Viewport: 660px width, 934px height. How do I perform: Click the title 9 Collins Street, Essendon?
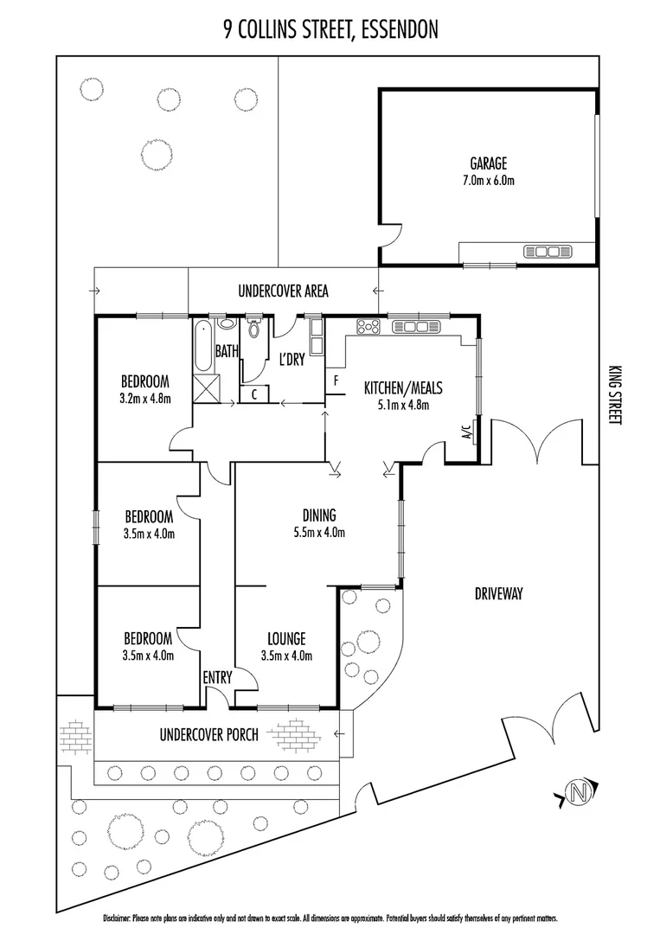click(330, 31)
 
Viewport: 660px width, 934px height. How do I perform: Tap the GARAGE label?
click(488, 163)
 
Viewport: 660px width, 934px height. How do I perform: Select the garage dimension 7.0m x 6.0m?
click(488, 181)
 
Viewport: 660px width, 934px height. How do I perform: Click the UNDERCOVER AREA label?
click(283, 291)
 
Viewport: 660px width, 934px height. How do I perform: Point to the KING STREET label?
click(616, 393)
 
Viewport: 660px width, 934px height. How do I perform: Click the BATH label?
click(227, 351)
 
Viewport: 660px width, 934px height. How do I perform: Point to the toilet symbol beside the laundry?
click(253, 328)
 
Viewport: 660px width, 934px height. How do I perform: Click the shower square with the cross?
click(205, 389)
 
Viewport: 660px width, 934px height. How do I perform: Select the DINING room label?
click(319, 515)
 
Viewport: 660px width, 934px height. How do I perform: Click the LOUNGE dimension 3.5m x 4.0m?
click(286, 656)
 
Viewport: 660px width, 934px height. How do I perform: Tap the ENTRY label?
click(217, 678)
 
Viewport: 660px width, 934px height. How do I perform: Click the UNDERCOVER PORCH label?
click(208, 735)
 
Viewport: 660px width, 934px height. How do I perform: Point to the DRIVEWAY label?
click(501, 593)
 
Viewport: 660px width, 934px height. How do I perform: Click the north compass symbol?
click(577, 790)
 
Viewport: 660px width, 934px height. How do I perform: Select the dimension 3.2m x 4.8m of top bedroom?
click(144, 399)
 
